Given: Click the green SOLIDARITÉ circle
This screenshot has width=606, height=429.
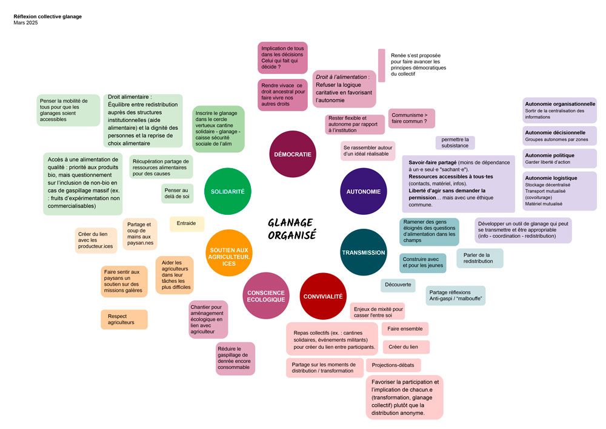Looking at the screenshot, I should (228, 191).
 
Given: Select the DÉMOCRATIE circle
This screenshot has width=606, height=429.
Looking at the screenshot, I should (293, 154).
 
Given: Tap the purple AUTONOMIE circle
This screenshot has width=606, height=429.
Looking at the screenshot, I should (364, 192).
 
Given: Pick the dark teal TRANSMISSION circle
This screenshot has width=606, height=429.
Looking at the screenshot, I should (364, 252).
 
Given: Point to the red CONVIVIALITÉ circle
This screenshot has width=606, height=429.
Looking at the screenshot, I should (322, 296).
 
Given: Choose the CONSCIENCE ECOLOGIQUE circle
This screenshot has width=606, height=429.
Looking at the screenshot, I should (265, 296).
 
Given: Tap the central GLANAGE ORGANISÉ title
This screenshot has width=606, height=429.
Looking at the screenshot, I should (292, 229).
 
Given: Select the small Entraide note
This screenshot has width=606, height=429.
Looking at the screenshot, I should (187, 223).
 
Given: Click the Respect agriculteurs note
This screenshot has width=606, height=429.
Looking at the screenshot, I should (124, 319).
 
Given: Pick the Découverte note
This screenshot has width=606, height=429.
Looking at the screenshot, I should (398, 285).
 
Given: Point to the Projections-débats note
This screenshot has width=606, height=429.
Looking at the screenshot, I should (393, 365).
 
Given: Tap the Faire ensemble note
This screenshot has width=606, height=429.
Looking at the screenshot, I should (405, 329).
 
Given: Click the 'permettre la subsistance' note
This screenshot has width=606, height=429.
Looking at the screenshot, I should (454, 143).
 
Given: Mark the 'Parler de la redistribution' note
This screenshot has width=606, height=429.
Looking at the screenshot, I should (479, 258).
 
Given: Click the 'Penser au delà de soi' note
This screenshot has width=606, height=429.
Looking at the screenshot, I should (177, 193).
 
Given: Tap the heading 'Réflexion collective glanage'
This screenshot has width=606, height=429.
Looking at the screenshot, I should (47, 16).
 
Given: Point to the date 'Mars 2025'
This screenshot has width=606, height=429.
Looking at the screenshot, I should (25, 23).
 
